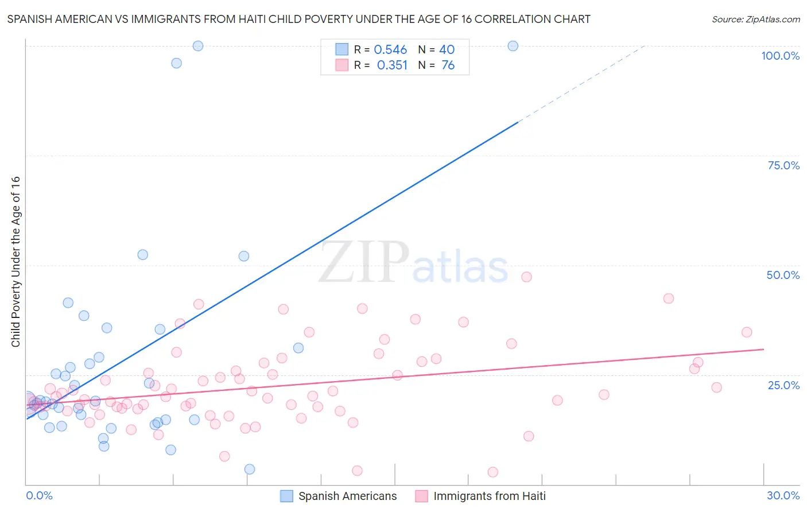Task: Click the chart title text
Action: tap(298, 19)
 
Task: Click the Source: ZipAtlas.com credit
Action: tap(755, 19)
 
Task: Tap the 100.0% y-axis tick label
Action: tap(780, 56)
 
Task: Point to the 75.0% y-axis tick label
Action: tap(783, 165)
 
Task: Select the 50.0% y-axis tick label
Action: tap(783, 275)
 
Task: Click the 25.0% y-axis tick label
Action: tap(783, 385)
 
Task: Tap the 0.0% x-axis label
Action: tap(39, 495)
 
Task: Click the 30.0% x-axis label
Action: tap(783, 495)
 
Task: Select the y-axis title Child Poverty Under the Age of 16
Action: tap(16, 261)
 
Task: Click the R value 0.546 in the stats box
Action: tap(390, 50)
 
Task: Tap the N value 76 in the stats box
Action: tap(448, 65)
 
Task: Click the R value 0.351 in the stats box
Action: tap(392, 65)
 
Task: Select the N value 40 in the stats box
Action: tap(447, 50)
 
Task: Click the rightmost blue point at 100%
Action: tap(513, 46)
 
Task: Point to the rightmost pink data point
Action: tap(747, 332)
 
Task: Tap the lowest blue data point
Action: tap(250, 469)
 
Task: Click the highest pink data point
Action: tap(526, 277)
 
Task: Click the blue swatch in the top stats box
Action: tap(342, 49)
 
